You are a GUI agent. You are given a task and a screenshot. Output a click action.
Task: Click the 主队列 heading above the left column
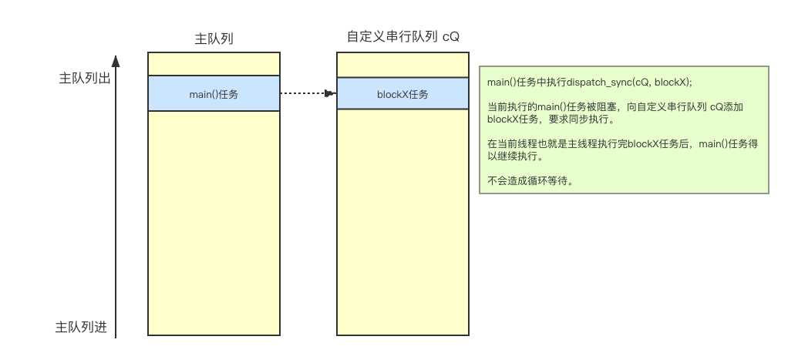[x=214, y=39]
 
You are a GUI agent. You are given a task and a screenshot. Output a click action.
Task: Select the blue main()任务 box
[x=214, y=94]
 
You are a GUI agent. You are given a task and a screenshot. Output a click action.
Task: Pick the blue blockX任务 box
[x=402, y=94]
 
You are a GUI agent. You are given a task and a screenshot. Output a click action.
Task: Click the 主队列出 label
[x=84, y=79]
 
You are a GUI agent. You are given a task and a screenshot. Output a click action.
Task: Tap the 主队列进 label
[x=81, y=327]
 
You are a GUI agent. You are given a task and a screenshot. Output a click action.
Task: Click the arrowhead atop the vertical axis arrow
[x=116, y=59]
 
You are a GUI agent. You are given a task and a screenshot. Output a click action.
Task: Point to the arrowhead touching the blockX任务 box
[x=332, y=94]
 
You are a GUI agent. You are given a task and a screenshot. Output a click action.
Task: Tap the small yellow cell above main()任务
[x=214, y=64]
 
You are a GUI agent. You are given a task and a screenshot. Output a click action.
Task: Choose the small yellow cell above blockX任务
[x=402, y=65]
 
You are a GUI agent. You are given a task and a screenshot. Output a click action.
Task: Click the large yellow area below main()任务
[x=214, y=224]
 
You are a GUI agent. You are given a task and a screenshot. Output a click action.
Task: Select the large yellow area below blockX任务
[x=402, y=224]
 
